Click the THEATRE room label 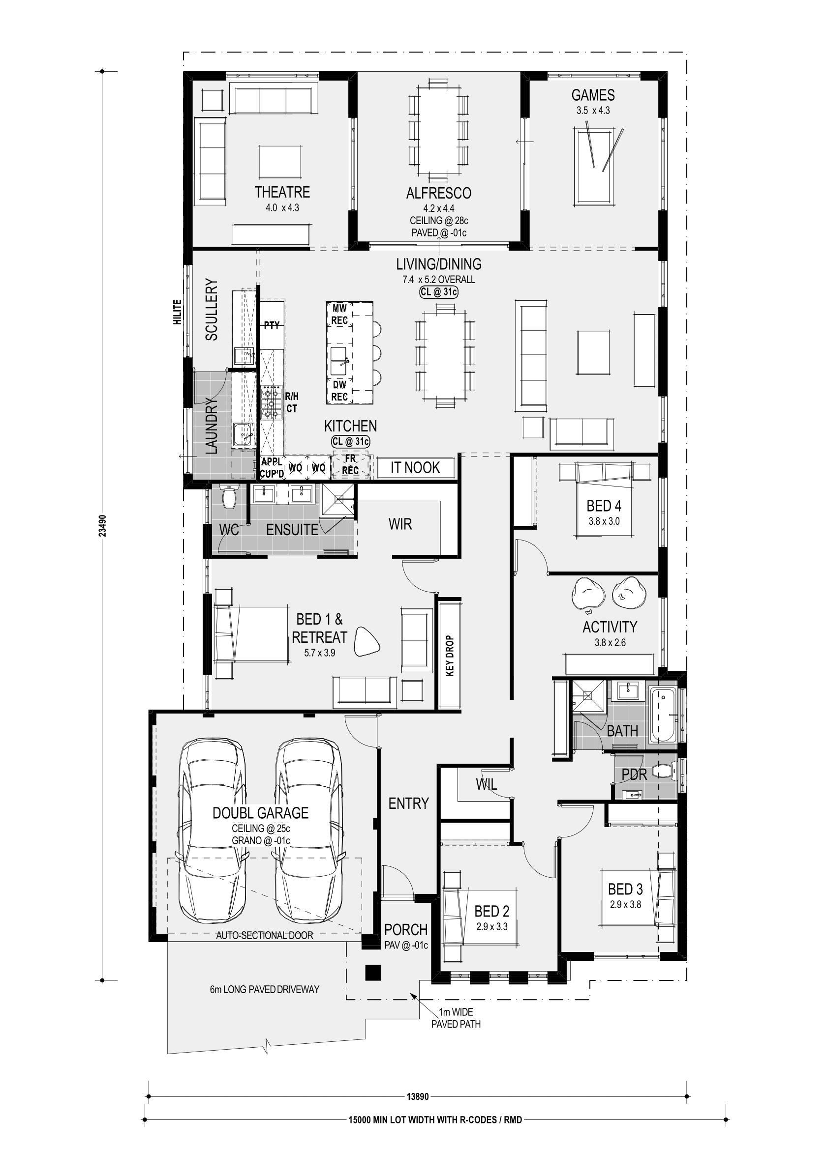pyautogui.click(x=282, y=192)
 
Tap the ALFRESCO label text pyautogui.click(x=438, y=193)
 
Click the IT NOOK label pyautogui.click(x=415, y=467)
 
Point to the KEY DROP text pyautogui.click(x=450, y=656)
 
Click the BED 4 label pyautogui.click(x=604, y=506)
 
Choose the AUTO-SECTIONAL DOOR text pyautogui.click(x=265, y=935)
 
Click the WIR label pyautogui.click(x=400, y=524)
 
